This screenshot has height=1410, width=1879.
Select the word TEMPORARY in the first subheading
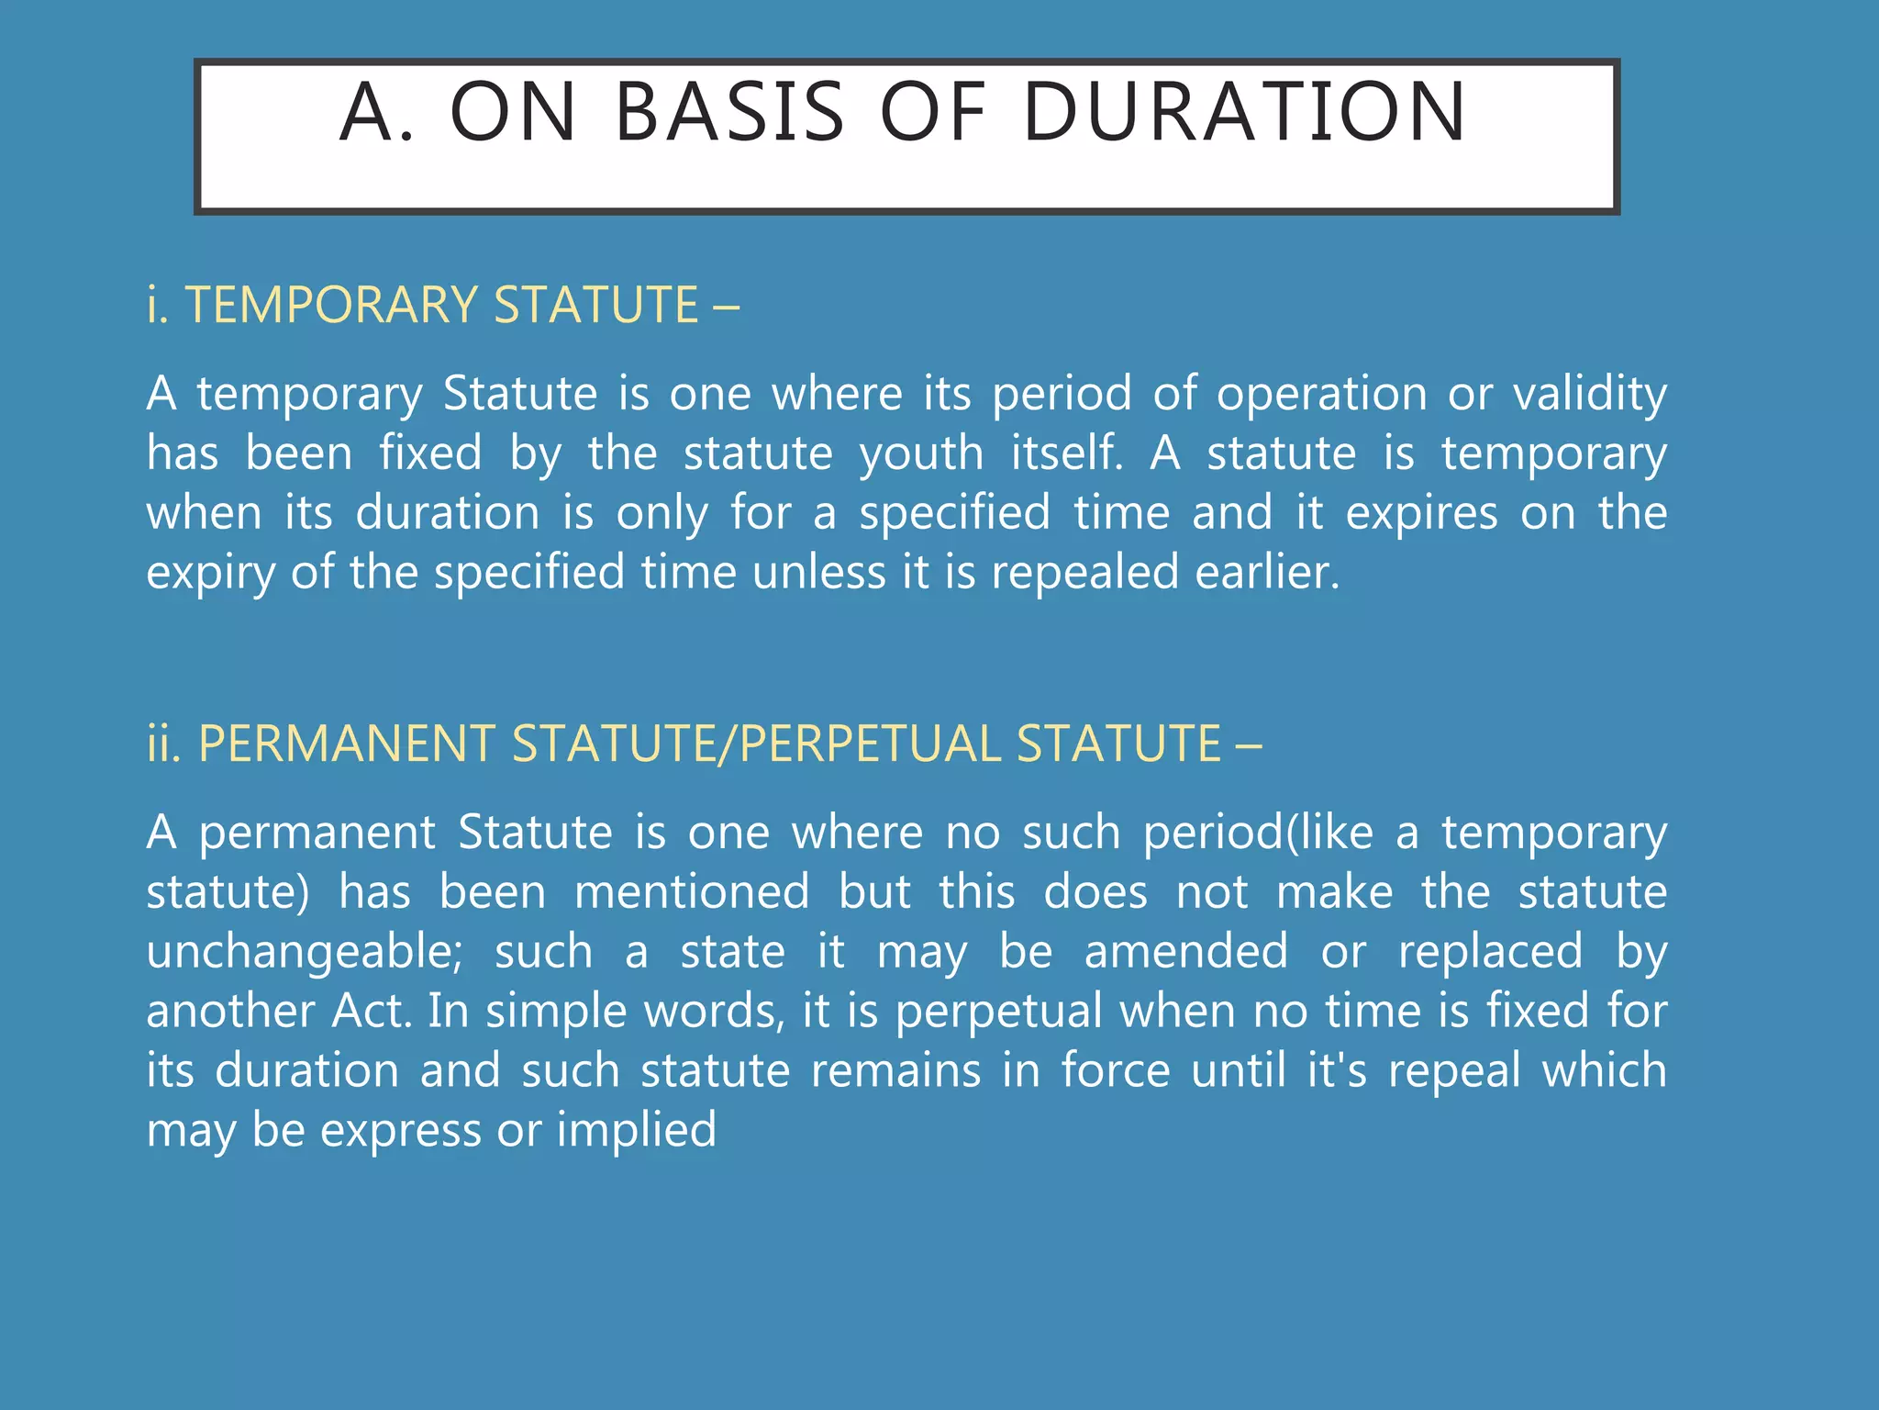(x=331, y=305)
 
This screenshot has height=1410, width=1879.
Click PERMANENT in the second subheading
(x=347, y=744)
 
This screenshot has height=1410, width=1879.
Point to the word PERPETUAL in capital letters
(x=869, y=744)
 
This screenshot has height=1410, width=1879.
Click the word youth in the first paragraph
(x=921, y=453)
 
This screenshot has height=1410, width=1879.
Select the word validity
(x=1589, y=394)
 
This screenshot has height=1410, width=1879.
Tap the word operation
(x=1322, y=394)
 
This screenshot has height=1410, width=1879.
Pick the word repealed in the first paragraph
(x=1084, y=572)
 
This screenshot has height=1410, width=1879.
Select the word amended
(x=1186, y=951)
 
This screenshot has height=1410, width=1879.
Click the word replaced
(x=1490, y=951)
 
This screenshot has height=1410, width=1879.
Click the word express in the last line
(x=400, y=1129)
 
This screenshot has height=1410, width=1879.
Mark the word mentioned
(x=692, y=891)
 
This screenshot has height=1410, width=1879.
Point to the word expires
(x=1421, y=512)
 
